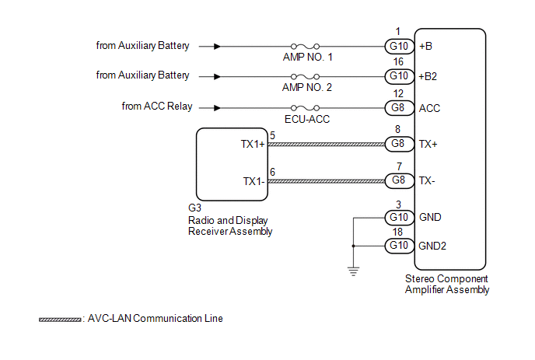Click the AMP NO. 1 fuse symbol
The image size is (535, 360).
click(305, 46)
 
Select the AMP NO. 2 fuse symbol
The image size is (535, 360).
click(305, 76)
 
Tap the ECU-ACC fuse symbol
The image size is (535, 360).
click(305, 108)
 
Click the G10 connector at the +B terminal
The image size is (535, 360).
click(399, 46)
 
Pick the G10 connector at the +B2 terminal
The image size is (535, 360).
click(399, 76)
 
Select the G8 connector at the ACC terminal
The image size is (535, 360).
click(399, 108)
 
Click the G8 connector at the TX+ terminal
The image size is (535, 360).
click(399, 144)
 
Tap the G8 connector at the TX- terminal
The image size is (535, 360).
click(399, 180)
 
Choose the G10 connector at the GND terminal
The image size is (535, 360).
click(399, 218)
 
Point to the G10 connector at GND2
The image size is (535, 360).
click(399, 246)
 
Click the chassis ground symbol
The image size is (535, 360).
click(353, 271)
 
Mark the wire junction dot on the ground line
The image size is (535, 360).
click(353, 246)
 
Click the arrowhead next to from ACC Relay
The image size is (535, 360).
click(217, 108)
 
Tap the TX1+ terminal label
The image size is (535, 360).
click(253, 144)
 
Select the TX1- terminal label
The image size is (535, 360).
click(254, 181)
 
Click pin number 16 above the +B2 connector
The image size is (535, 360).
click(398, 61)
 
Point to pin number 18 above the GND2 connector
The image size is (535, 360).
click(397, 232)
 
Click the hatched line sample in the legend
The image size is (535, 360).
click(60, 320)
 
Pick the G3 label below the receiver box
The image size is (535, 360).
click(194, 208)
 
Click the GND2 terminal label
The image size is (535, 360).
click(432, 246)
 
